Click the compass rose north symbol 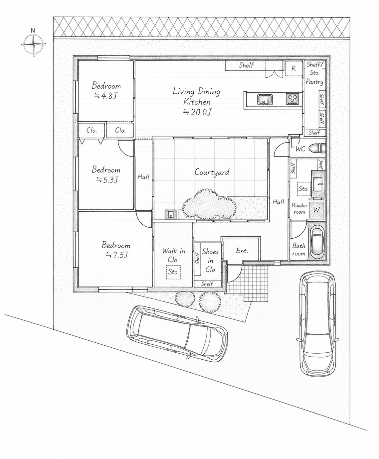(34, 44)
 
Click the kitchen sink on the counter (265, 100)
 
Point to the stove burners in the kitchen (292, 99)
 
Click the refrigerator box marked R (293, 68)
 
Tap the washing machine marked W (316, 210)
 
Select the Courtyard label (212, 172)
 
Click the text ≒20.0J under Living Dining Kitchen (197, 113)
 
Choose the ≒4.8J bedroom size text (106, 96)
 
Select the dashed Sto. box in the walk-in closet (173, 272)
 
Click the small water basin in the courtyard (171, 215)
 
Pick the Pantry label (314, 82)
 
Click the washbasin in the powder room (318, 183)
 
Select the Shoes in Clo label (210, 261)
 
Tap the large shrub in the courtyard (209, 205)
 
